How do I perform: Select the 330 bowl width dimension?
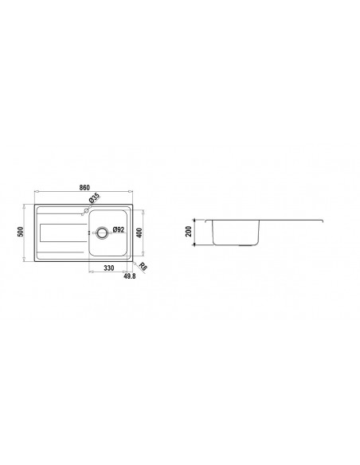[x=108, y=269]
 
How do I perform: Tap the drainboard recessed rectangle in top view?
[x=61, y=232]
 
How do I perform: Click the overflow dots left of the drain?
[x=89, y=232]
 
